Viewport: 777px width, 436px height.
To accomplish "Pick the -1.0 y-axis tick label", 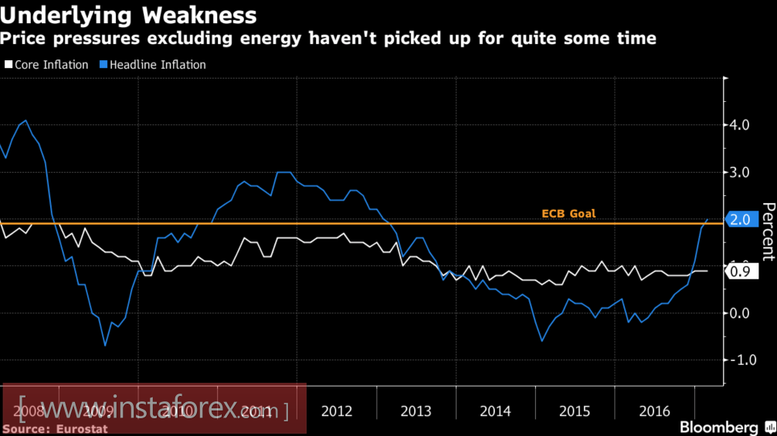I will point(742,360).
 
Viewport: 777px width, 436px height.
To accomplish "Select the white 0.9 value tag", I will point(739,271).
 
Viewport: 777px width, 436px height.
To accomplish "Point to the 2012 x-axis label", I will point(337,411).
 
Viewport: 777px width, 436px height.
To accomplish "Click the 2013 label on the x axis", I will point(416,411).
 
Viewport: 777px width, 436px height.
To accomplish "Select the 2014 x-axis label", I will point(496,411).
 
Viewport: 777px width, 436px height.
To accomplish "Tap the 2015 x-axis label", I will point(575,411).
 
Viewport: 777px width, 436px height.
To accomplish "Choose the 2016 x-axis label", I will point(655,411).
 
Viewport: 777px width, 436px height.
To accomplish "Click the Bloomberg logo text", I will point(718,427).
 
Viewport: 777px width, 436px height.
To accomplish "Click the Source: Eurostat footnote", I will point(55,428).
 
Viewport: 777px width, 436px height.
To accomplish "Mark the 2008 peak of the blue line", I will point(26,120).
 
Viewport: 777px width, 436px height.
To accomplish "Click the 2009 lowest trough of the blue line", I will point(105,345).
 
